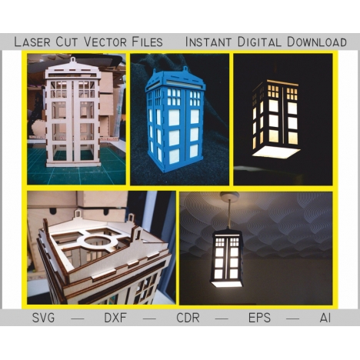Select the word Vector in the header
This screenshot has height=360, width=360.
pos(105,42)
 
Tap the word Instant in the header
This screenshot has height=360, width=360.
pos(208,42)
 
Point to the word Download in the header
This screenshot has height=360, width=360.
pos(317,42)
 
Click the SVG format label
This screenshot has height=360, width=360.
pos(43,318)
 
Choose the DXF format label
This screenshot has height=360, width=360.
pos(115,318)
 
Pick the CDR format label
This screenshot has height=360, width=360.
pos(188,318)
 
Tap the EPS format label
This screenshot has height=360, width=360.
pos(259,318)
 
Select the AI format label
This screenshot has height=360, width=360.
pos(325,318)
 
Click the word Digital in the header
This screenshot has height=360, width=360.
pos(259,42)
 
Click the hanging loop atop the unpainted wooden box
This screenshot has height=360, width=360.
pos(73,60)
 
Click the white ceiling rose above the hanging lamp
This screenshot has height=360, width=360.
pos(230,195)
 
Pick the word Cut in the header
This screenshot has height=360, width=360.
pos(68,42)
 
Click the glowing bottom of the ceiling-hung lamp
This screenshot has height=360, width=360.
pos(227,284)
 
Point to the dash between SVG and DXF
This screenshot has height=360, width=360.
pos(78,318)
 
